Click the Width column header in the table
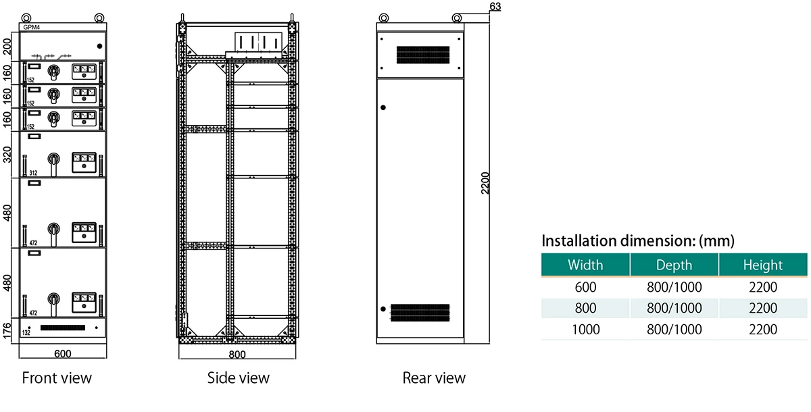point(585,265)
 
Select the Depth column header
point(674,265)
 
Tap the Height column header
point(762,265)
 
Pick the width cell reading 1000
point(585,330)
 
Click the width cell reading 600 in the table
point(585,287)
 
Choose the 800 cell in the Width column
point(585,308)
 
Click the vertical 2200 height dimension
point(485,183)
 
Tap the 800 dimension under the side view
point(237,354)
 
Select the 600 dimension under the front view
point(63,354)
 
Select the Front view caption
point(57,378)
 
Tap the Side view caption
point(238,378)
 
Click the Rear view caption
point(434,378)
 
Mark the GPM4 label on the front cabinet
point(32,27)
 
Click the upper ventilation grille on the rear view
point(423,55)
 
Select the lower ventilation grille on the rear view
point(420,312)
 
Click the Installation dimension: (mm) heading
point(637,240)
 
